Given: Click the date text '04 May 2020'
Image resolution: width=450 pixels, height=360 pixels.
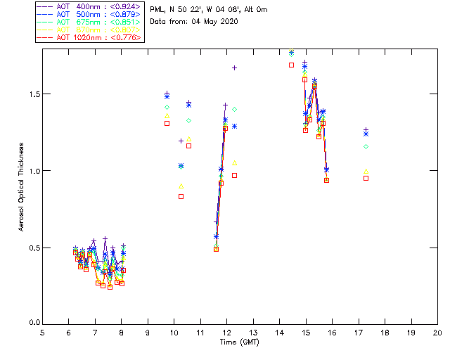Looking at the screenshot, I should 214,22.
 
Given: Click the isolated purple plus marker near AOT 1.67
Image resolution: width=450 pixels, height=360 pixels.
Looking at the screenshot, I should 234,67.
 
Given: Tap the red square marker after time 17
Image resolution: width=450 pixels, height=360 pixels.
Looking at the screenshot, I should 366,178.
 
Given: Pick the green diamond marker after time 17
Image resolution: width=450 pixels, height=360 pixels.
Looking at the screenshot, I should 366,146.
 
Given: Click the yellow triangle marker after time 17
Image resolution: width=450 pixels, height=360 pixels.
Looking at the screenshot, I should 366,171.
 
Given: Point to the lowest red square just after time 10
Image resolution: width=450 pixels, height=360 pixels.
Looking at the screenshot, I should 181,196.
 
